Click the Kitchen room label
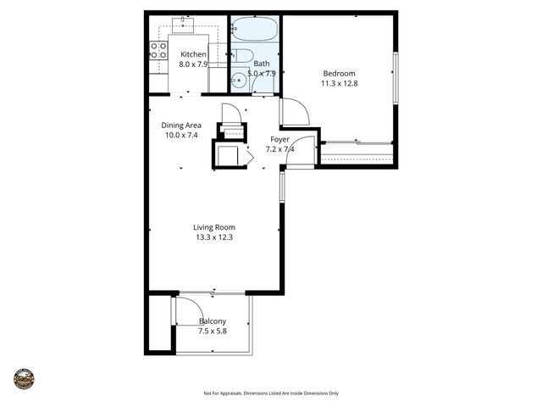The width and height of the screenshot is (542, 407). tap(193, 54)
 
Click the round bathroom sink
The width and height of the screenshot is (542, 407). tap(240, 81)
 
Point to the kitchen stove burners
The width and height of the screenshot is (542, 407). tap(158, 50)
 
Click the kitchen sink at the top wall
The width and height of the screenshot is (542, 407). tap(182, 25)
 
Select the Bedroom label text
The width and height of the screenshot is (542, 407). tap(338, 73)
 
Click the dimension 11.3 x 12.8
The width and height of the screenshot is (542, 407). tap(338, 83)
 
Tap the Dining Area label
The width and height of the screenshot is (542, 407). tap(181, 125)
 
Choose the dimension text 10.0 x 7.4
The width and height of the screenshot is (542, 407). tap(181, 136)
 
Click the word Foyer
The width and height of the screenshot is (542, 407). tap(280, 139)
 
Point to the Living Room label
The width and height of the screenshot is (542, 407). tap(213, 227)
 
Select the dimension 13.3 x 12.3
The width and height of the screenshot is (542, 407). tap(213, 237)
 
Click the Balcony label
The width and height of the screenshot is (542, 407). tap(213, 321)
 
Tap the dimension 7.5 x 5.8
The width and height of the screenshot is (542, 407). tap(213, 332)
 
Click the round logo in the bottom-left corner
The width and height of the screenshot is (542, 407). tap(24, 379)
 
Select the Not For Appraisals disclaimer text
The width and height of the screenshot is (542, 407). tap(271, 393)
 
